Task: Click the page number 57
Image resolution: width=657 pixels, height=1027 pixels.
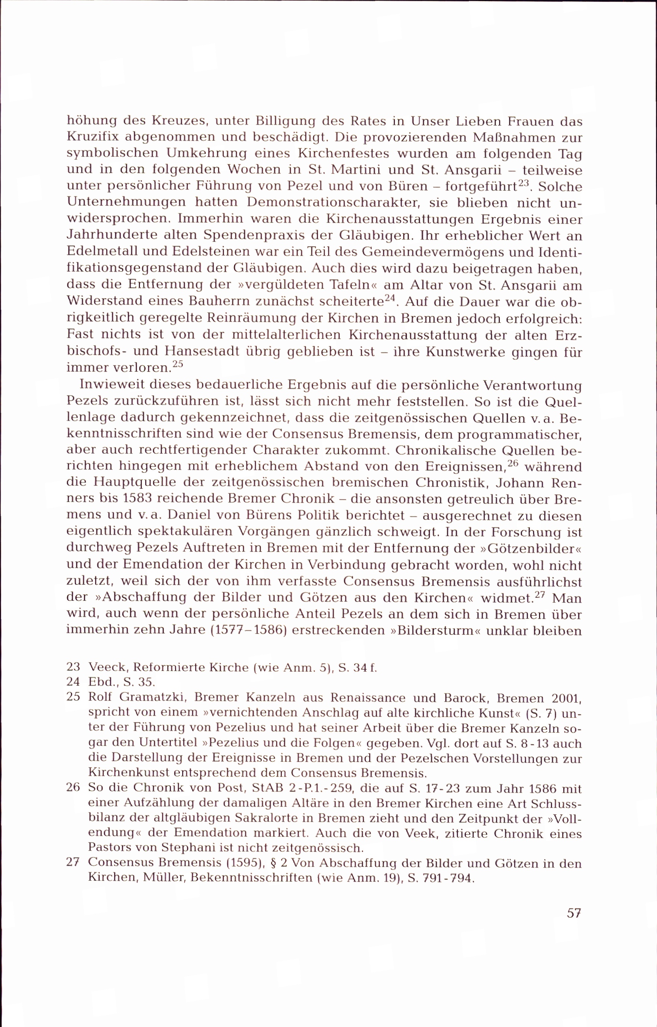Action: (x=574, y=913)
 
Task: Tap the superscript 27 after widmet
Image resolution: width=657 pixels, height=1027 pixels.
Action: (x=540, y=594)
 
